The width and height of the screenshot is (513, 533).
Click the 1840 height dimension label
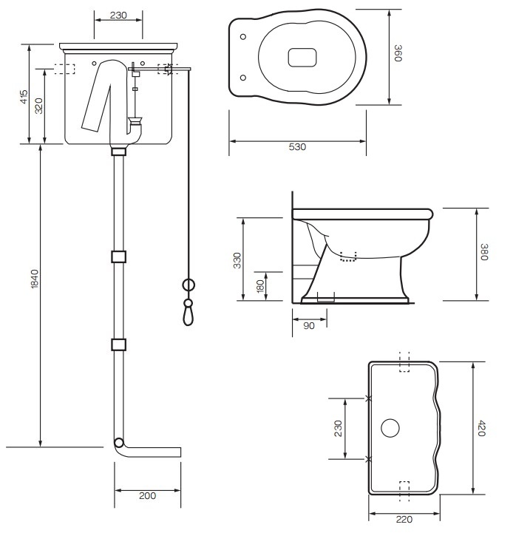(35, 279)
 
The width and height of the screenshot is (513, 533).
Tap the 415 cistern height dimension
(24, 97)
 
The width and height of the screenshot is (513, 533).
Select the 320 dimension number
(39, 106)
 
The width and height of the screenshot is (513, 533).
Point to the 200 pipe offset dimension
(148, 495)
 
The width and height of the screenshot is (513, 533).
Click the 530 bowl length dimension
(297, 147)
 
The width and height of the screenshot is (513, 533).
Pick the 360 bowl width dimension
(398, 53)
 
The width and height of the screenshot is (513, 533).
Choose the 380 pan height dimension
(484, 252)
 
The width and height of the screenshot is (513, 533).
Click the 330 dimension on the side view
(237, 260)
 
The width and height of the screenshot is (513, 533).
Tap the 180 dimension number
(260, 287)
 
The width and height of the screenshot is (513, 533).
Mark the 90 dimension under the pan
(309, 326)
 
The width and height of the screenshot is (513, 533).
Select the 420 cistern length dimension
(482, 428)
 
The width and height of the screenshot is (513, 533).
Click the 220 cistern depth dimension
(404, 520)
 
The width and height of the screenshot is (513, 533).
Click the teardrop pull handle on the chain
(188, 316)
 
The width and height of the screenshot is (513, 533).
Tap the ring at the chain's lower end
(188, 285)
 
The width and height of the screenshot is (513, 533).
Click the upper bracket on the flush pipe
(119, 257)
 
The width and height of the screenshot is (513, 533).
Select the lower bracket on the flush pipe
(119, 344)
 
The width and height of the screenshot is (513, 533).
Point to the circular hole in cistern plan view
(390, 428)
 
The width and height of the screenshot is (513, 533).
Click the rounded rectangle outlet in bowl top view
(302, 57)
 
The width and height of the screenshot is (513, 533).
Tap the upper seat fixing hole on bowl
(243, 37)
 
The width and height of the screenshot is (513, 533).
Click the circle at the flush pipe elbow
(119, 443)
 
